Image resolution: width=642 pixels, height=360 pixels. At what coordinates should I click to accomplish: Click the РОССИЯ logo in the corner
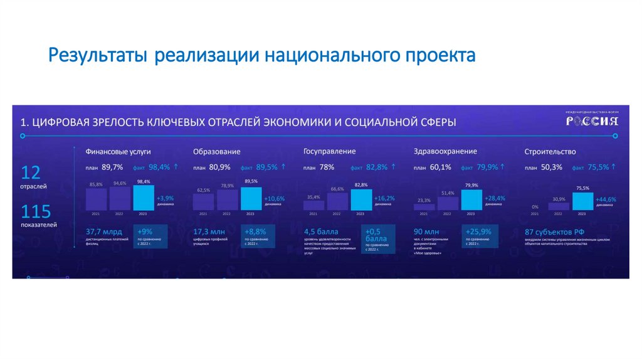pos(592,120)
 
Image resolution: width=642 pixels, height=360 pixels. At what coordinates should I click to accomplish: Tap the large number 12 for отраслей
pos(31,172)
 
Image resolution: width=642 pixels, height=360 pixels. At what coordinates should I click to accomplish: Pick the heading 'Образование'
pos(216,152)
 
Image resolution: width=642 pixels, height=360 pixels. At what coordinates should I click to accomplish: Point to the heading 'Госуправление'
pos(329,151)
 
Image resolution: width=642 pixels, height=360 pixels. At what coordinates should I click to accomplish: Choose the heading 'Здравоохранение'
pos(445,151)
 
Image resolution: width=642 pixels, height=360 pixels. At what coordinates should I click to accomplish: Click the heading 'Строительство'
pos(550,152)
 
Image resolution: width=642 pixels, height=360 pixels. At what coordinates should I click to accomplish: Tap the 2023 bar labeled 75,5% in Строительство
pos(582,201)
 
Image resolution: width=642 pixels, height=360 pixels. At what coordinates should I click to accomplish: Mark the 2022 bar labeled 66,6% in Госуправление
pos(337,201)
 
